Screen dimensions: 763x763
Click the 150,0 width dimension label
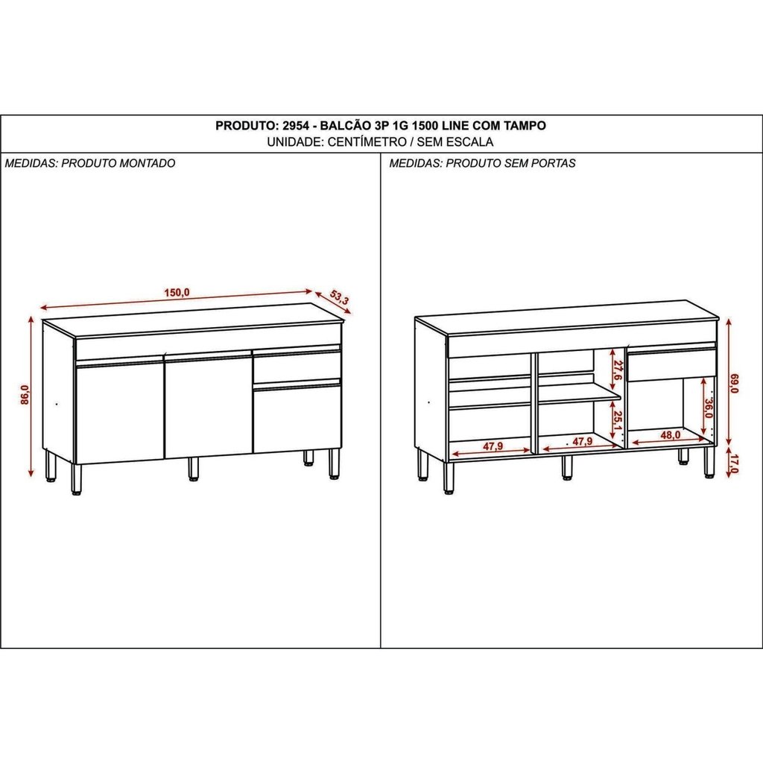177,293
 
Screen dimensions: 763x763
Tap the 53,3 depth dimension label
340,297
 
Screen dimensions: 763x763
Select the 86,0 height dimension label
25,394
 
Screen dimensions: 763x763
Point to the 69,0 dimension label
734,384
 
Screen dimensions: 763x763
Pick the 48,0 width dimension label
670,435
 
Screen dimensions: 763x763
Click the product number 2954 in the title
296,125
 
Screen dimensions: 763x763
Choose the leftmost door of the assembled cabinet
120,411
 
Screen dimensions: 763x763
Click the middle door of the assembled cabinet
209,405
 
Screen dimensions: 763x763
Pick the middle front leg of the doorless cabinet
566,468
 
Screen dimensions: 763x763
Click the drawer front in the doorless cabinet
671,365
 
